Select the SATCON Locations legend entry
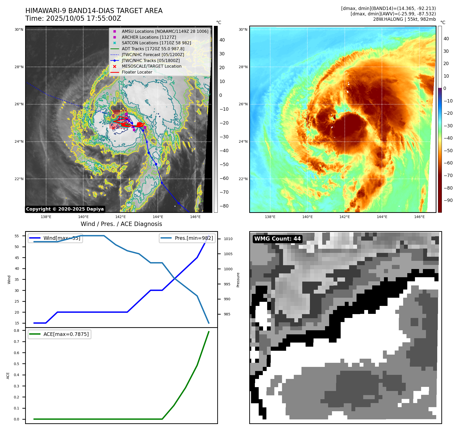tap(156, 43)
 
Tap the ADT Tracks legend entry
tap(153, 49)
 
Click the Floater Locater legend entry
tap(137, 72)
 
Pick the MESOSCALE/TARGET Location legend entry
tap(151, 66)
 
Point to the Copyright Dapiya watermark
tap(65, 209)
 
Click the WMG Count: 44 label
tap(277, 239)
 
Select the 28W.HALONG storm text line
tap(404, 19)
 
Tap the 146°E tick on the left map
tap(195, 217)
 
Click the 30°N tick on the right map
tap(243, 30)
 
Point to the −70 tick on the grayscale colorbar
tap(224, 192)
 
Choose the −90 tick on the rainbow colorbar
tap(448, 200)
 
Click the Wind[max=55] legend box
tap(55, 238)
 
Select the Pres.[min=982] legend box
tap(187, 238)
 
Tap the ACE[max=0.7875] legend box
tap(59, 334)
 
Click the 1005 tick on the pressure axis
tap(228, 254)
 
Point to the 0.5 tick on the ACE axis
tap(17, 364)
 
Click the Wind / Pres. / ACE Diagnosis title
tap(121, 224)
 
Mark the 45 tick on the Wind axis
tap(17, 258)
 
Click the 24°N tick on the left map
tap(19, 142)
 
